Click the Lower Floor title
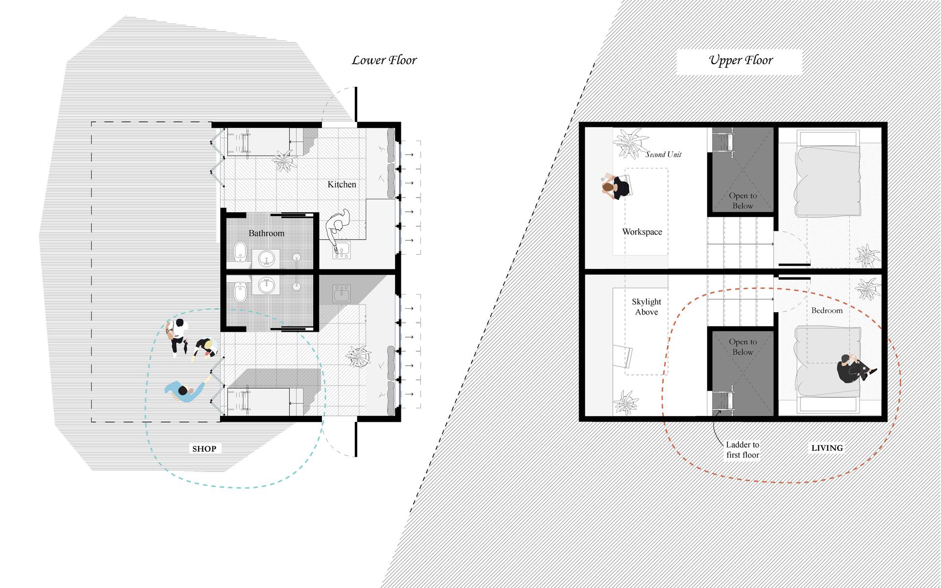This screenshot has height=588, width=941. [384, 60]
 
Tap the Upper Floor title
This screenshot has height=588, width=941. [741, 60]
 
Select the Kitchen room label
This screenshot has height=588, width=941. [342, 184]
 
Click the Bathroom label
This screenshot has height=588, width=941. [266, 233]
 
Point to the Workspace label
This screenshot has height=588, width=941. [642, 232]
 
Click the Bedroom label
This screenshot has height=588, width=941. [827, 310]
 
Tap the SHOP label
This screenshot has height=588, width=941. [204, 448]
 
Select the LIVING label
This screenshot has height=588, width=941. [827, 448]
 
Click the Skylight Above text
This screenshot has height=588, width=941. [646, 307]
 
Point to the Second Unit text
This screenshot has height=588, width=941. [663, 154]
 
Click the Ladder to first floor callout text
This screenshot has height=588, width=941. [743, 450]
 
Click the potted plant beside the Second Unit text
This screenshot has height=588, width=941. [628, 143]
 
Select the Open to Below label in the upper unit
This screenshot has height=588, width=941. [743, 200]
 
